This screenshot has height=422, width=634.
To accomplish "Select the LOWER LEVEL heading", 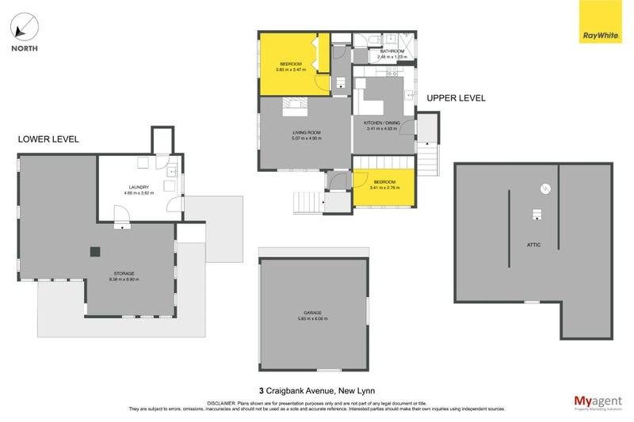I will pyautogui.click(x=48, y=139).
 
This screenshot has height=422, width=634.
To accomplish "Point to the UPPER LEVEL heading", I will pyautogui.click(x=456, y=98).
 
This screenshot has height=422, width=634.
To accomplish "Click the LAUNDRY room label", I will pyautogui.click(x=139, y=188).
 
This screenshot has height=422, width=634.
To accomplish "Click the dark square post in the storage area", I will pyautogui.click(x=95, y=252).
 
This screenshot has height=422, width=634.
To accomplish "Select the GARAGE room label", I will pyautogui.click(x=312, y=313).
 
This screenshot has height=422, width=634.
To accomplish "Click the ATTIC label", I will pyautogui.click(x=533, y=245).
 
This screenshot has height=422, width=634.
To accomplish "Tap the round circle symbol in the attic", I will pyautogui.click(x=545, y=188).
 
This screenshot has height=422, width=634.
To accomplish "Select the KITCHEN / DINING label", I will pyautogui.click(x=383, y=124).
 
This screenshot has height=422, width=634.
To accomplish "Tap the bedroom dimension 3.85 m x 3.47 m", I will pyautogui.click(x=291, y=70).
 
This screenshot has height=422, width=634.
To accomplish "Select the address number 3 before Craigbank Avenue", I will pyautogui.click(x=262, y=390).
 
